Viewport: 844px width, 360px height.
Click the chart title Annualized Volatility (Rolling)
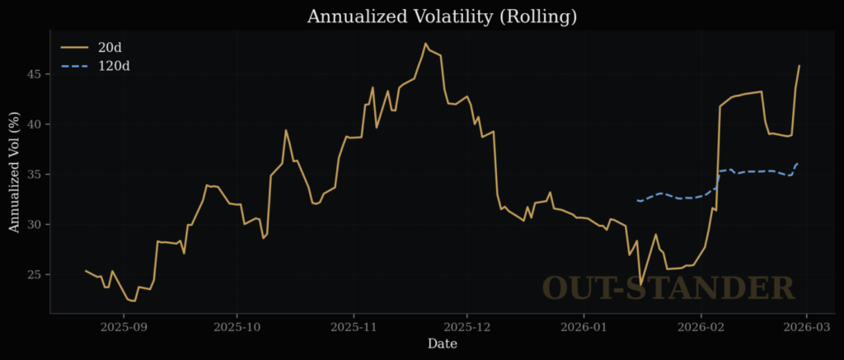(x=442, y=16)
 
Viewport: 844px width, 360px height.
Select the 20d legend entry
(x=110, y=47)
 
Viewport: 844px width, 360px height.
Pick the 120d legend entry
(x=113, y=65)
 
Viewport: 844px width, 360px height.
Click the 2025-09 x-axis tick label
(x=124, y=326)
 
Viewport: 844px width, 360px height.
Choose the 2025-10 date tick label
(x=237, y=326)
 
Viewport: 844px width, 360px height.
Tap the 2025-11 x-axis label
(x=354, y=326)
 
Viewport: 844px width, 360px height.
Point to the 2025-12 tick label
(x=467, y=326)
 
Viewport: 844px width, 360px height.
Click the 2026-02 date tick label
(x=701, y=326)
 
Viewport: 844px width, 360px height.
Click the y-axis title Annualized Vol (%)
(x=14, y=175)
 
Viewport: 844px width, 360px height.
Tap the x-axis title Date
(x=442, y=344)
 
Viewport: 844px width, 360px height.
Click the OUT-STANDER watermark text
(x=668, y=288)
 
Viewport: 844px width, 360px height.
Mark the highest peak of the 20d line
(x=425, y=44)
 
